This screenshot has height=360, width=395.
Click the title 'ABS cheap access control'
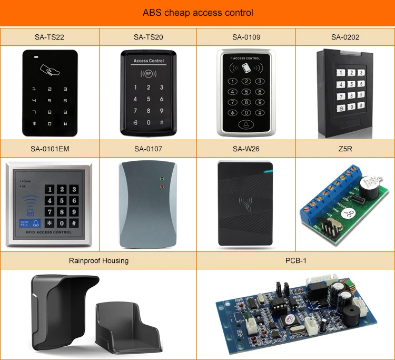[x=197, y=13]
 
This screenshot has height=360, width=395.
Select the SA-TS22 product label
[x=49, y=37]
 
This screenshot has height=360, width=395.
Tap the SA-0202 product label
[x=345, y=37]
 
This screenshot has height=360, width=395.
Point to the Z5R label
[x=345, y=149]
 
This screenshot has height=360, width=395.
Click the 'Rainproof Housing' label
[x=98, y=260]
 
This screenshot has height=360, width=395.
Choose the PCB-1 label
[x=295, y=260]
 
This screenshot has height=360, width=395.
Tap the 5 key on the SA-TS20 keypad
[x=148, y=99]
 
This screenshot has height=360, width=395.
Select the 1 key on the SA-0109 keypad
[x=232, y=81]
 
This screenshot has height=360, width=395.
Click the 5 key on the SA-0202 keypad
[x=350, y=83]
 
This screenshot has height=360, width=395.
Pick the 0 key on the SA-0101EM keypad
[x=62, y=223]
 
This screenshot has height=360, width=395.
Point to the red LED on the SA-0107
[x=162, y=186]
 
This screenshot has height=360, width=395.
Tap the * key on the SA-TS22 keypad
[x=35, y=124]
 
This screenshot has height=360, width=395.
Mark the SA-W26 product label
[x=246, y=149]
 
